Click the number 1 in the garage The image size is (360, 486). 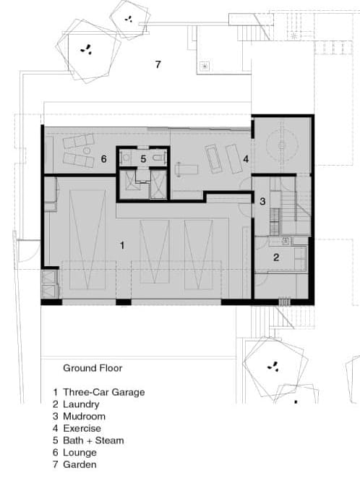[122, 245]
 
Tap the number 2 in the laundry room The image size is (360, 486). [276, 257]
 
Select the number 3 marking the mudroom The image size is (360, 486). [262, 202]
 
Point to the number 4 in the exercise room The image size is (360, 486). [246, 159]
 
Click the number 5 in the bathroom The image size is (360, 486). [143, 159]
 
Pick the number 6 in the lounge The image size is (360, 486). [104, 159]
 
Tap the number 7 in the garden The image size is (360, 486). [158, 64]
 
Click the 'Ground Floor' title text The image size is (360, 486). [93, 368]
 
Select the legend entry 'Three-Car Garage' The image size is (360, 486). [104, 392]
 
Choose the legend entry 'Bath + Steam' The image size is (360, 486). [93, 440]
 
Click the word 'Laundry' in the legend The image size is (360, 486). [81, 404]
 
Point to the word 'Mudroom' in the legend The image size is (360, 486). [85, 417]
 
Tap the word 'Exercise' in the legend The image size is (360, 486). [82, 428]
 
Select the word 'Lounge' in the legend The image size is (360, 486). [80, 453]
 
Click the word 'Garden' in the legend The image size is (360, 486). [80, 464]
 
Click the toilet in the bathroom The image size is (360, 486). [158, 158]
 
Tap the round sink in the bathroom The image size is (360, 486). [127, 158]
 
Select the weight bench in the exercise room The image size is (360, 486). [187, 169]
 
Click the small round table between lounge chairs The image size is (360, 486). [87, 150]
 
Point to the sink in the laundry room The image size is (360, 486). [286, 240]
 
